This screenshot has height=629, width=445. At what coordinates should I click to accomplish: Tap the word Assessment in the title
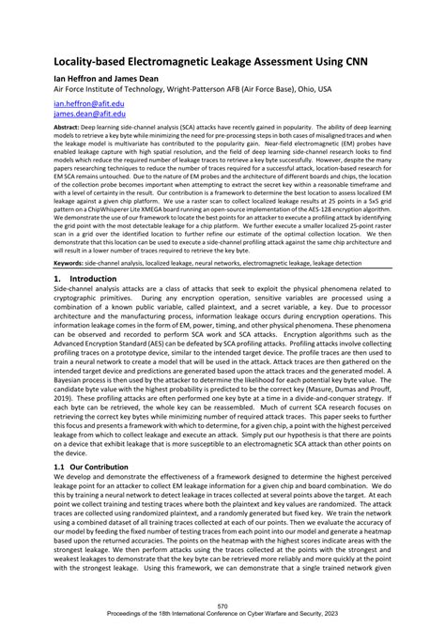point(264,58)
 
